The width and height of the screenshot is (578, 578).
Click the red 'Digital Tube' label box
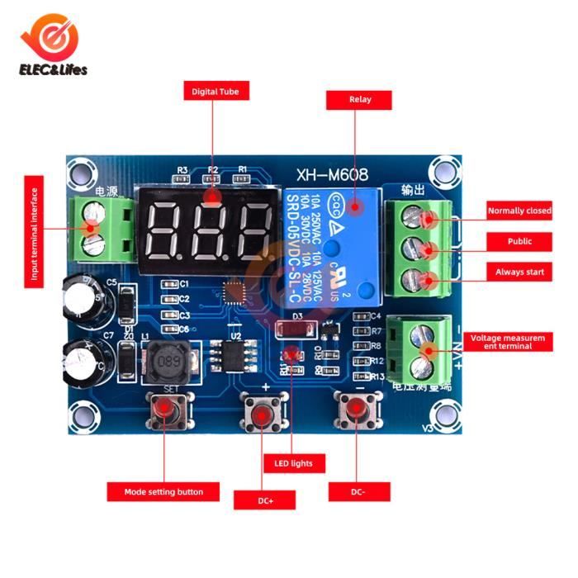pyautogui.click(x=215, y=92)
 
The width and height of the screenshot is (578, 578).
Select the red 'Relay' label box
pyautogui.click(x=360, y=100)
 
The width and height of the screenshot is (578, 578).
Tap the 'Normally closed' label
pyautogui.click(x=519, y=211)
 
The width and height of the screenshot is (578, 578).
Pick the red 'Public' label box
pyautogui.click(x=519, y=241)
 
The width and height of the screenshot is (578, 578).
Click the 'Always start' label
pyautogui.click(x=519, y=272)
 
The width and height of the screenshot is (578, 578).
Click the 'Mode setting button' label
pyautogui.click(x=163, y=492)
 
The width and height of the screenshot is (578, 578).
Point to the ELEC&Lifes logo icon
pyautogui.click(x=53, y=37)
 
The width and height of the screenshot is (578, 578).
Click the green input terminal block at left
pyautogui.click(x=103, y=228)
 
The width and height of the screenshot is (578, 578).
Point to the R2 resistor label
pyautogui.click(x=212, y=170)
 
